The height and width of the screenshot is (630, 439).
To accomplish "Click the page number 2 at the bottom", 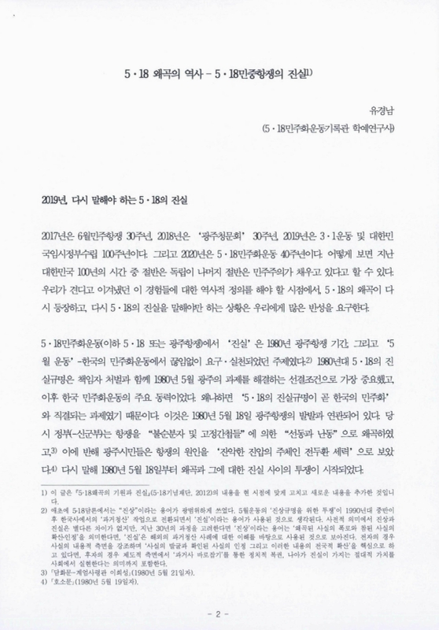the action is click(x=220, y=610).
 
